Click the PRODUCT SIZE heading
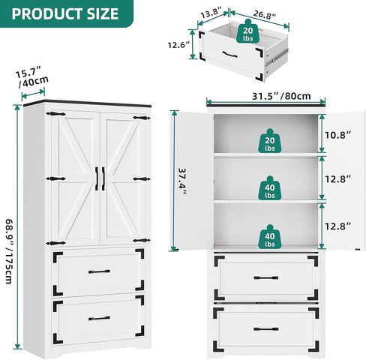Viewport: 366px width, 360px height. click(x=65, y=13)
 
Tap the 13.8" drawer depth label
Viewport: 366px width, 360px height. click(x=211, y=13)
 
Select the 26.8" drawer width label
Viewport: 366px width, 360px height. click(x=265, y=14)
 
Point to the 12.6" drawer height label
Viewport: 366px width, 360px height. click(x=179, y=45)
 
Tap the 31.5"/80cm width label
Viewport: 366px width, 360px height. click(x=281, y=96)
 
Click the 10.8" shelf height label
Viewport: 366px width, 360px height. click(x=338, y=135)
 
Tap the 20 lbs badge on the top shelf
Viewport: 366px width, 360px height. click(x=270, y=141)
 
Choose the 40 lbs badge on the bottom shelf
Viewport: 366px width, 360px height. click(x=270, y=236)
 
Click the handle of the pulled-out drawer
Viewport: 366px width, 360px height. click(x=229, y=54)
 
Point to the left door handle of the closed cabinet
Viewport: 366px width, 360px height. click(x=97, y=178)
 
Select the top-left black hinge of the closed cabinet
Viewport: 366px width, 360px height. click(x=55, y=114)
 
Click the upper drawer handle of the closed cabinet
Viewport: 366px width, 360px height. click(x=99, y=271)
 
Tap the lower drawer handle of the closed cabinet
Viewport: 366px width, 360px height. click(x=99, y=318)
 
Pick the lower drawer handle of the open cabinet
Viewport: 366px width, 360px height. click(x=266, y=329)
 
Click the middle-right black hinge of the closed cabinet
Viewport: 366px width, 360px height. click(x=142, y=178)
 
